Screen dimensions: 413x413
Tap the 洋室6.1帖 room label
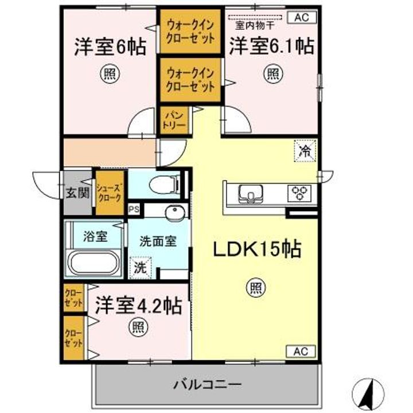[271, 46]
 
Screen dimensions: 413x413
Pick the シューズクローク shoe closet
[109, 192]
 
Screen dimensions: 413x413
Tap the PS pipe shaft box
[134, 210]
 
